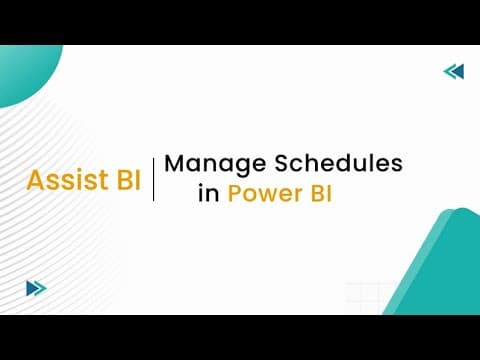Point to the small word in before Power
click(x=207, y=194)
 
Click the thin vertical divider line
click(x=153, y=179)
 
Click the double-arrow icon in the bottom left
click(x=36, y=288)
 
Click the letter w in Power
click(x=267, y=195)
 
